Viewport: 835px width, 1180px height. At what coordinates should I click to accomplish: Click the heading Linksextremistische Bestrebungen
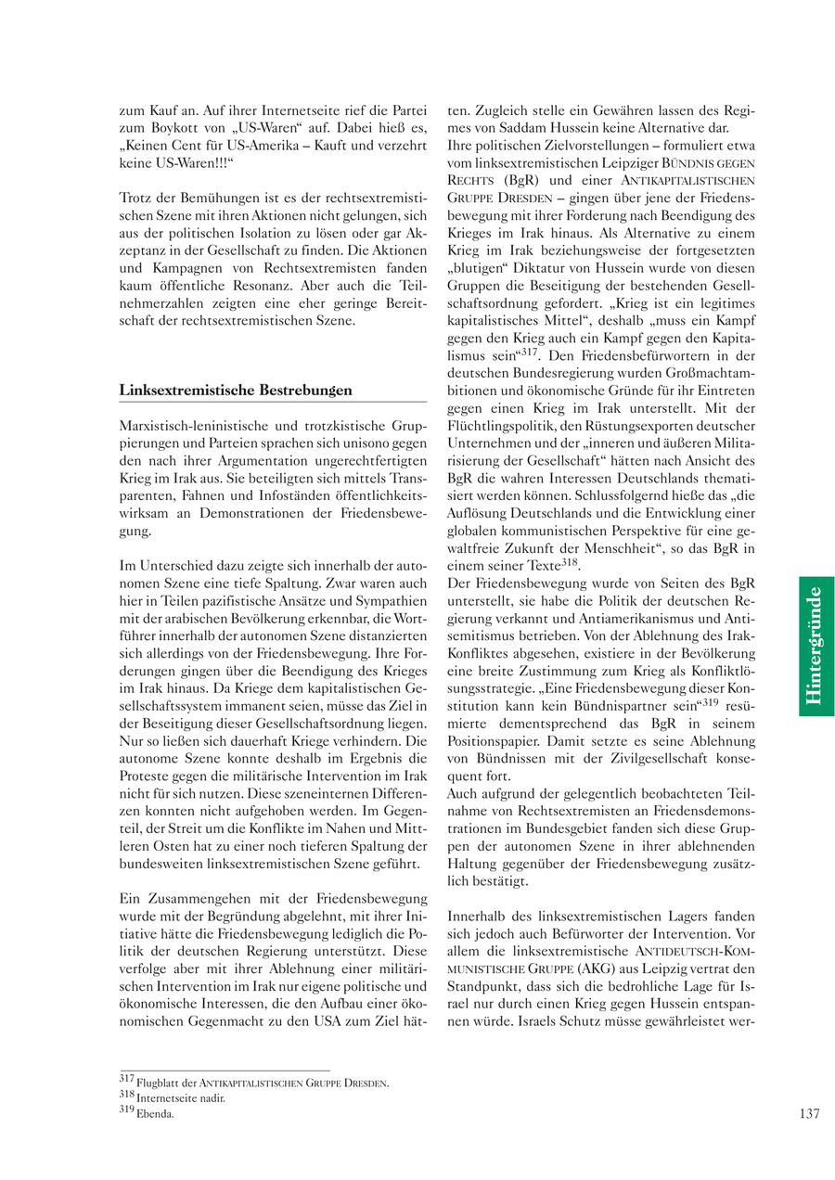tap(236, 390)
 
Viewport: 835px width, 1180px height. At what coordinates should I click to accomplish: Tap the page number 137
tap(808, 1114)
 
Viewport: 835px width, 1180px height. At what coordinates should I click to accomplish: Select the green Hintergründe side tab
tap(816, 646)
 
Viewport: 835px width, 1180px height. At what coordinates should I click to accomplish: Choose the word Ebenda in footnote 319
tap(154, 1114)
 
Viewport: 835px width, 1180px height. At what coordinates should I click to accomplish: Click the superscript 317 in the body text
tap(529, 353)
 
